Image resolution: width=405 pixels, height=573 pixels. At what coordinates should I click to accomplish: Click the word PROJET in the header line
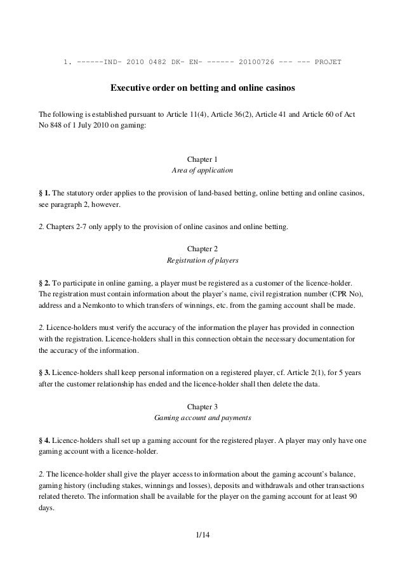328,62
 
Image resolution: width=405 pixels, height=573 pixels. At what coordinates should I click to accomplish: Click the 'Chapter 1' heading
202,159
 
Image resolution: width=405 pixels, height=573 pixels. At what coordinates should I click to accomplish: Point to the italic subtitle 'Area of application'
202,171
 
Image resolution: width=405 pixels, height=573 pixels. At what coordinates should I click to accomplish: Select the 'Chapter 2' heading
202,248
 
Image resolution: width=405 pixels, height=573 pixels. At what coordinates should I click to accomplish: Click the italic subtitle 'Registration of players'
202,260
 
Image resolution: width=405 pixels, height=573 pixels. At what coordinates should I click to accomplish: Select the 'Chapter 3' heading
202,406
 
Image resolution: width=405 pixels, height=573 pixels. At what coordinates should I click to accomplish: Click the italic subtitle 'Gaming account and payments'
202,419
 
